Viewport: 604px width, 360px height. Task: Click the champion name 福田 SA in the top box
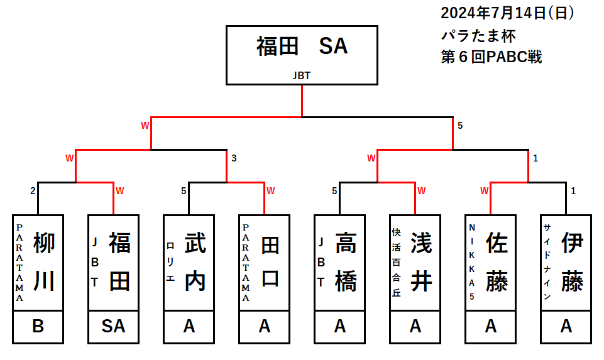click(302, 46)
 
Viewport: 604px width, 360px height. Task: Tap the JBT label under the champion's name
click(302, 75)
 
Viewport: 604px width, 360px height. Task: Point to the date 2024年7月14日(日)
click(507, 13)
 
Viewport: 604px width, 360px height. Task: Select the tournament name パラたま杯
click(478, 35)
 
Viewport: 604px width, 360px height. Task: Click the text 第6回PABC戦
click(491, 57)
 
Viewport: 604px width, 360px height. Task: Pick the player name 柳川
click(45, 262)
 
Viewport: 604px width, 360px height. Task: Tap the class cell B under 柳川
click(38, 326)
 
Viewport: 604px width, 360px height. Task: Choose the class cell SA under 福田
click(113, 326)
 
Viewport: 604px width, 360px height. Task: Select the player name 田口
click(271, 262)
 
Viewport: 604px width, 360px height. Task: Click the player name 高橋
click(346, 262)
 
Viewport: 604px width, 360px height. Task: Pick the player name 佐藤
click(497, 262)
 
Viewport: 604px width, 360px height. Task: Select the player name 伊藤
click(573, 262)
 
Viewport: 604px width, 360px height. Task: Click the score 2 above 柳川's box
click(32, 190)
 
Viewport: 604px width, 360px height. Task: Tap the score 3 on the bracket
click(234, 158)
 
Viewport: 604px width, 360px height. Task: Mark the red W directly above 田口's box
click(270, 190)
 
